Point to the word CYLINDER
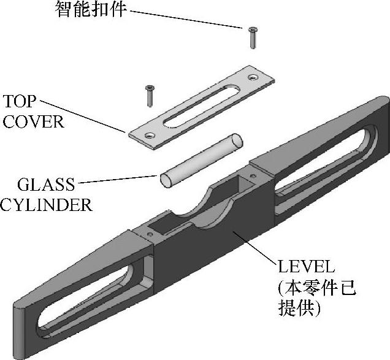click(45, 204)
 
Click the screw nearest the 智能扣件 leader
click(252, 37)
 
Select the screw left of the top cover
click(148, 95)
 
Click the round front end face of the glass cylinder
click(167, 180)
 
